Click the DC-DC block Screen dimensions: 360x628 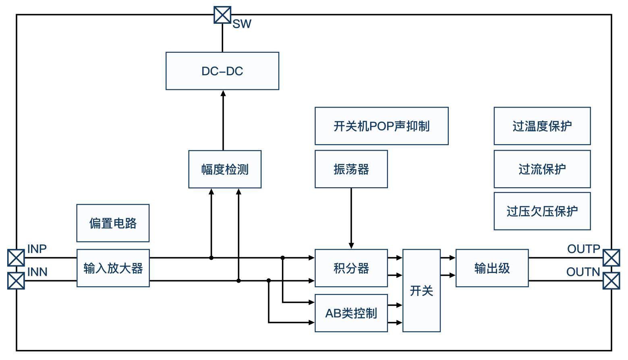pos(222,71)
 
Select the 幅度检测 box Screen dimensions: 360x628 pos(225,169)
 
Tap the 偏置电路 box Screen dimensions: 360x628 pos(113,223)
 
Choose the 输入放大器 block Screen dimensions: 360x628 pos(113,268)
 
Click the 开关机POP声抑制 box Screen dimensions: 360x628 pos(381,126)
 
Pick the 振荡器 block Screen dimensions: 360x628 pos(351,169)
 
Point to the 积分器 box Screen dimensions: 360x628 pos(351,268)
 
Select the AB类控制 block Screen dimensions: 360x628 pos(351,313)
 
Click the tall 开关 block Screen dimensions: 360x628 pos(421,290)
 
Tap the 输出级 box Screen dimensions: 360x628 pos(492,268)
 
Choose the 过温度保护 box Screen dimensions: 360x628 pos(542,126)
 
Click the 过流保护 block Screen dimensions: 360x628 pos(542,169)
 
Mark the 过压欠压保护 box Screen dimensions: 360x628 pos(542,211)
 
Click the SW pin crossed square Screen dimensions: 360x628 pos(222,15)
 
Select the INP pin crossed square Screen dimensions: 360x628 pos(16,258)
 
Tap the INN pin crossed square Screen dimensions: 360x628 pos(16,281)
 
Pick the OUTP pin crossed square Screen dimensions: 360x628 pos(611,258)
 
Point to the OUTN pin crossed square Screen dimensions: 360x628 pos(611,281)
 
